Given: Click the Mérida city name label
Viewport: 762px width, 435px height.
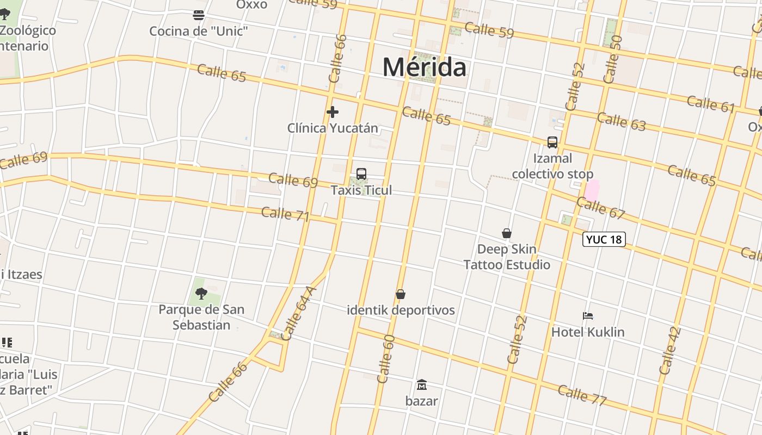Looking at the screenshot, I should point(424,67).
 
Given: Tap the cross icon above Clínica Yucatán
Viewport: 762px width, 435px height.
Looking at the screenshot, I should point(333,112).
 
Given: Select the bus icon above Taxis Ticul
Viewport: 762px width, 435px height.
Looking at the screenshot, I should point(361,174).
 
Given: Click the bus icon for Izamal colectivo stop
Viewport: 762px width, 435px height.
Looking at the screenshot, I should point(552,142).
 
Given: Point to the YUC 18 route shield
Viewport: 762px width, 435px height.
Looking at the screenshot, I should point(604,239).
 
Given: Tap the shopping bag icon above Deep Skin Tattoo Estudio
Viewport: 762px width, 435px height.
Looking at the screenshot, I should point(507,233).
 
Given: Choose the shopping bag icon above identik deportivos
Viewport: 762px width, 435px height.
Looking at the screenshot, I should point(401,294).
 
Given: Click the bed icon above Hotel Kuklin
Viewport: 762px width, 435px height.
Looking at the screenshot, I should point(588,316).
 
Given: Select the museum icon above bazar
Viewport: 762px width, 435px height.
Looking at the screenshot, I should point(421,385).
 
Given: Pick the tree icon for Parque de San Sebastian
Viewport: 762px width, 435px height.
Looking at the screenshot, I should point(201,294).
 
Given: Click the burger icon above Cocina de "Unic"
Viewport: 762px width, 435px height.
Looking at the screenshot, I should point(199,15).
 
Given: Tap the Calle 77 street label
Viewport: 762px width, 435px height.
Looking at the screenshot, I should point(582,395).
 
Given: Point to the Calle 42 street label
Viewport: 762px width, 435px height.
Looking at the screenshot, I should point(670,351).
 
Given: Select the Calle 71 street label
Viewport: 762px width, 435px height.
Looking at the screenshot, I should point(285,214).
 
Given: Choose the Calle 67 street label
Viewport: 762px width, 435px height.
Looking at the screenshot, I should point(601,208).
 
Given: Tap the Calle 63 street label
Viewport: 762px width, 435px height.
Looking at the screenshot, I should point(621,122).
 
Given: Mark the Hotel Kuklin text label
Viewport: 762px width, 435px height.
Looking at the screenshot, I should point(588,332).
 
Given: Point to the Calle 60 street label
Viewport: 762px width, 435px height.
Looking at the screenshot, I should point(386,358).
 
